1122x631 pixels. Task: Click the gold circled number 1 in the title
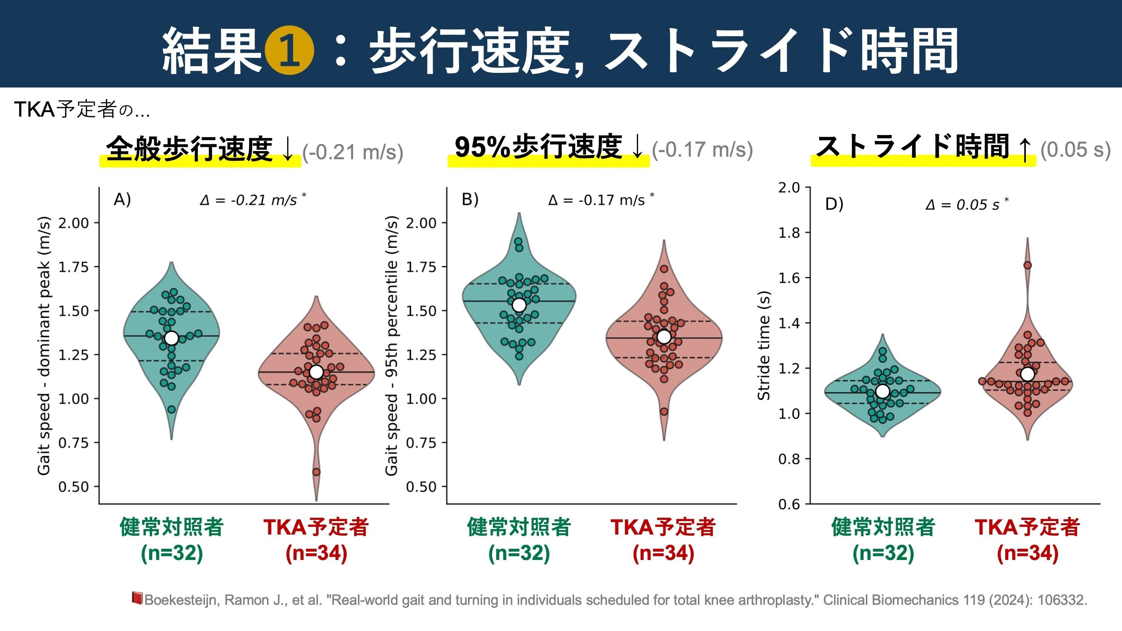[x=289, y=51]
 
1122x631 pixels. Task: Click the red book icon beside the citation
[x=137, y=598]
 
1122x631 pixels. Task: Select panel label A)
[x=122, y=200]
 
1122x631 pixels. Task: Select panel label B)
[x=470, y=200]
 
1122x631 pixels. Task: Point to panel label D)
[x=834, y=204]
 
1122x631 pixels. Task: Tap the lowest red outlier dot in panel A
[x=316, y=472]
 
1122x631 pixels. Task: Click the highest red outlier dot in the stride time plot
[x=1027, y=265]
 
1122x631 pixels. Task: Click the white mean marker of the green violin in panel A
[x=171, y=338]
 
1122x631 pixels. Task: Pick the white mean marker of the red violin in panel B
[x=664, y=336]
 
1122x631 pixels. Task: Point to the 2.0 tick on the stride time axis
[x=789, y=188]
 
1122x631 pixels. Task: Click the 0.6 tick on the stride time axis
[x=789, y=504]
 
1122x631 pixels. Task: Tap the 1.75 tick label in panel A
[x=73, y=267]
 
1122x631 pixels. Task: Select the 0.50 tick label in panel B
[x=421, y=487]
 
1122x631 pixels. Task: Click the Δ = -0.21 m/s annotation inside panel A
[x=252, y=200]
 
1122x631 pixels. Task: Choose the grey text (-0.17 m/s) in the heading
[x=702, y=150]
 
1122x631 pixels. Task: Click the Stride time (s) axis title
[x=764, y=345]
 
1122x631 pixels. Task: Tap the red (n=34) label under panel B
[x=663, y=553]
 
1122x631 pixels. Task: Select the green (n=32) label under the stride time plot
[x=883, y=553]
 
